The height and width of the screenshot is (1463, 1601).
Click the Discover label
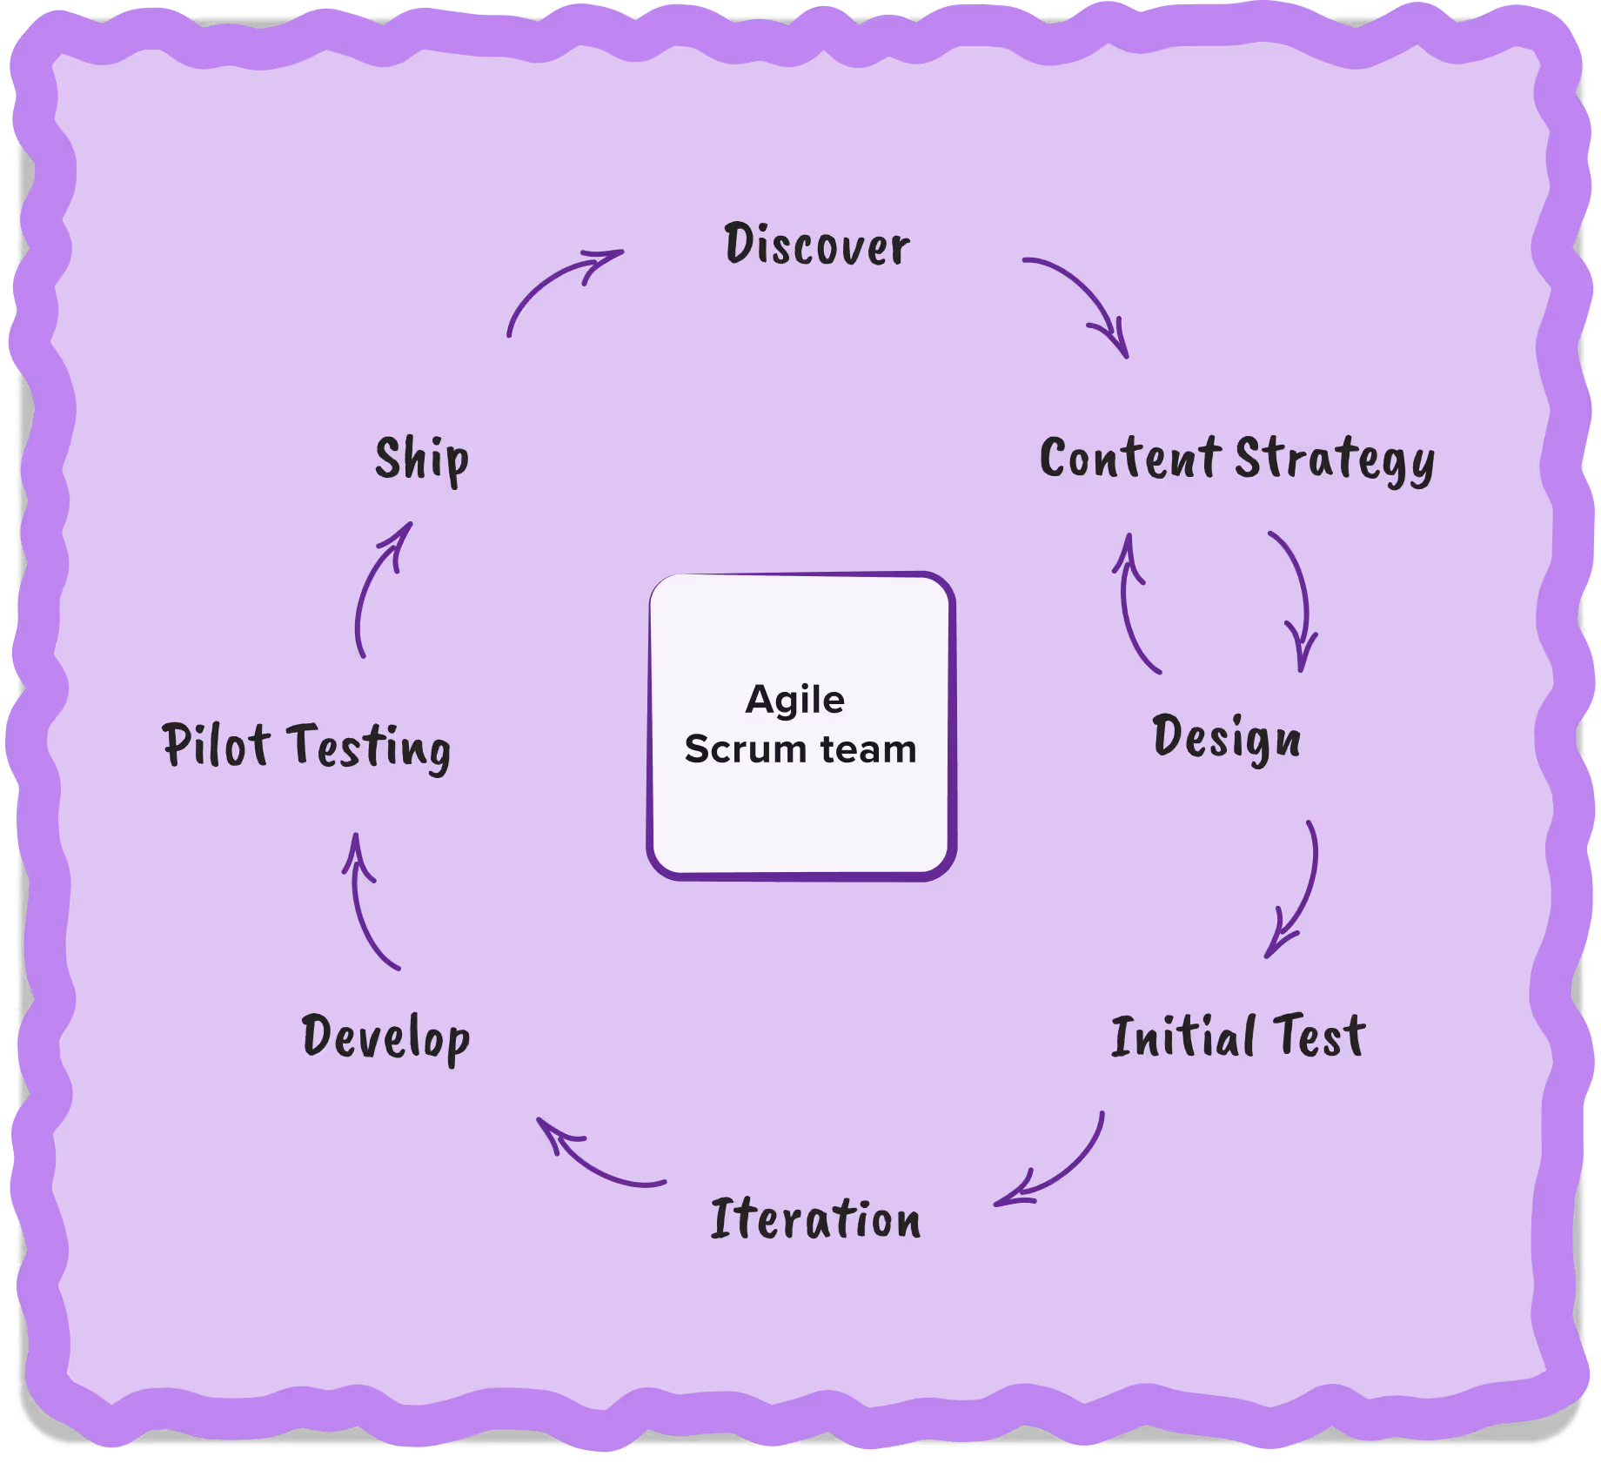coord(816,245)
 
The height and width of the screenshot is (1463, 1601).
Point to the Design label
coord(1226,738)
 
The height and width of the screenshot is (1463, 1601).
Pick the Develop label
coord(385,1037)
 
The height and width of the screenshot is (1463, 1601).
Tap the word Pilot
coord(215,745)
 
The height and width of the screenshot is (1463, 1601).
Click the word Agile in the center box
coord(794,700)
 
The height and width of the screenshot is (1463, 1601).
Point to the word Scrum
coord(745,749)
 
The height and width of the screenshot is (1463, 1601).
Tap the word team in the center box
coord(867,749)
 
